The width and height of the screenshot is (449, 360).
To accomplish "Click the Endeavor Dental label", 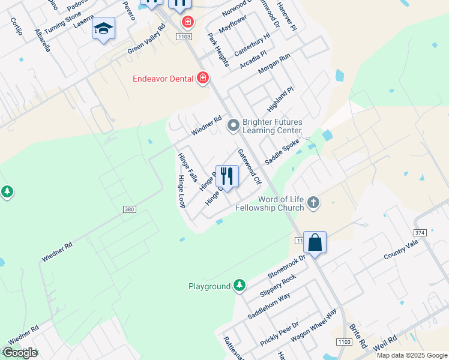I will tap(163, 79).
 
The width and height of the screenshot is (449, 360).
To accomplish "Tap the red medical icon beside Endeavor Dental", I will tap(203, 78).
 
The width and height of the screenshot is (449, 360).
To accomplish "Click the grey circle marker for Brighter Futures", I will tap(233, 126).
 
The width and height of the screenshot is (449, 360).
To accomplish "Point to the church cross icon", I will tap(313, 203).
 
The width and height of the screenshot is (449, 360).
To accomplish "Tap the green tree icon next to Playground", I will tap(240, 286).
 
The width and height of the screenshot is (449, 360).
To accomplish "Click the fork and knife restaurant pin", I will tap(227, 176).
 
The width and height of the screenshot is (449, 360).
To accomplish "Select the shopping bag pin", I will tap(315, 243).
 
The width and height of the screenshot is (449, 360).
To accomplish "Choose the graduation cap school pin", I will tap(103, 28).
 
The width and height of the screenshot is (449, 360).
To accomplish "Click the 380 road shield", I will tap(129, 209).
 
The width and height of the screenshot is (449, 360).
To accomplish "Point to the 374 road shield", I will tap(420, 232).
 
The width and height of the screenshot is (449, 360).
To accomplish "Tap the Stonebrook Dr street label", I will tap(287, 265).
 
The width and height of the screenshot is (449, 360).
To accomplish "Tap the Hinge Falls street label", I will tap(187, 167).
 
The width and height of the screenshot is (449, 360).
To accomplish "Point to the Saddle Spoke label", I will tap(282, 154).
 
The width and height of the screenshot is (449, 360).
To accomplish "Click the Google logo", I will tap(19, 353).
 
